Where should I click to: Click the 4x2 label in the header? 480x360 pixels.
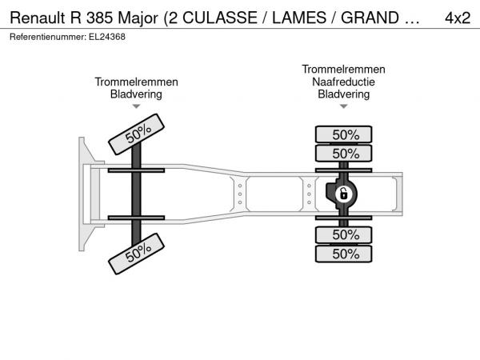click(458, 18)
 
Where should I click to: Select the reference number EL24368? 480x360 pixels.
click(107, 37)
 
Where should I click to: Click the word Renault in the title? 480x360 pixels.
click(38, 18)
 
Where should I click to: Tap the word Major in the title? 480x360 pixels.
click(138, 18)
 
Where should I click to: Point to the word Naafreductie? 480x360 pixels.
click(343, 82)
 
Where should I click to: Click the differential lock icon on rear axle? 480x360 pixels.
click(344, 194)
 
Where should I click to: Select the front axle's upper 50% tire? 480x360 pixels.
click(136, 134)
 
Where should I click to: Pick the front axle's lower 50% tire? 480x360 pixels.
click(136, 254)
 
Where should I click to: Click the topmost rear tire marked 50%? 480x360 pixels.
click(344, 134)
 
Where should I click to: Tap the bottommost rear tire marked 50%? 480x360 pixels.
click(344, 254)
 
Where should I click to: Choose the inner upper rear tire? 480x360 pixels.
click(344, 153)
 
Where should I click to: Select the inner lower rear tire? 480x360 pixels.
click(344, 234)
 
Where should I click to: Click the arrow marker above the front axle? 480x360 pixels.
click(136, 106)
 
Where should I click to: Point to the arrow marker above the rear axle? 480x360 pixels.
click(344, 106)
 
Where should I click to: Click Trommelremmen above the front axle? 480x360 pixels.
click(136, 82)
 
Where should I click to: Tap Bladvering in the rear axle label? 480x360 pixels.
click(344, 94)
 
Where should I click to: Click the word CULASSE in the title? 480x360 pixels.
click(220, 18)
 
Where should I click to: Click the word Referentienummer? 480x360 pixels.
click(48, 37)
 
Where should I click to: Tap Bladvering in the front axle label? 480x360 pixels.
click(136, 94)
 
